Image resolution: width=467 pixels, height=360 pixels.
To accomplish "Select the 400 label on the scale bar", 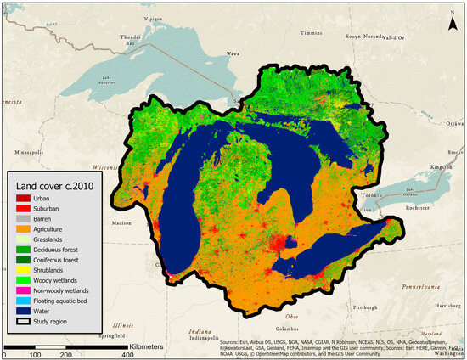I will coord(127,352).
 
